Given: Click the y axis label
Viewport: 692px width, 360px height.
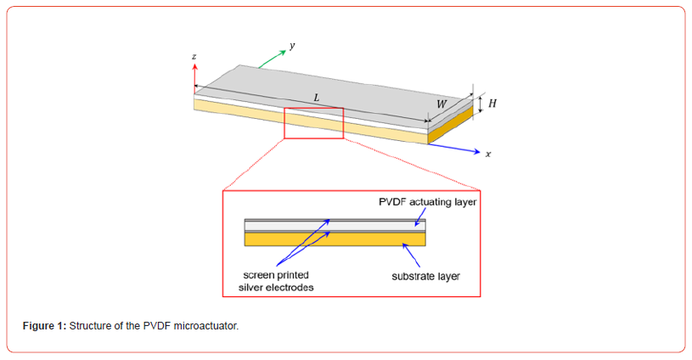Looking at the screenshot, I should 291,46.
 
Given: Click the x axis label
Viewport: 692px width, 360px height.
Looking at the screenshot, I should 488,155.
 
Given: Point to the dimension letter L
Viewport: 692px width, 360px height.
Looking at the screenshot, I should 317,98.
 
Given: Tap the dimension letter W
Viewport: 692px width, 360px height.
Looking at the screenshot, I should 442,104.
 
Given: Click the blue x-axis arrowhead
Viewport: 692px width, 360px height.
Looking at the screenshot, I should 475,152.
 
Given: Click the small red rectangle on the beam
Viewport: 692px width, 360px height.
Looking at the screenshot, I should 313,123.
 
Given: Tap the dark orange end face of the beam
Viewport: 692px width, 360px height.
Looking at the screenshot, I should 449,127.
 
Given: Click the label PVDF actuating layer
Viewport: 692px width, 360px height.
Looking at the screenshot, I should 427,202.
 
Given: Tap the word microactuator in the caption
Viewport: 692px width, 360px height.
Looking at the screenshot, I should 204,326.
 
